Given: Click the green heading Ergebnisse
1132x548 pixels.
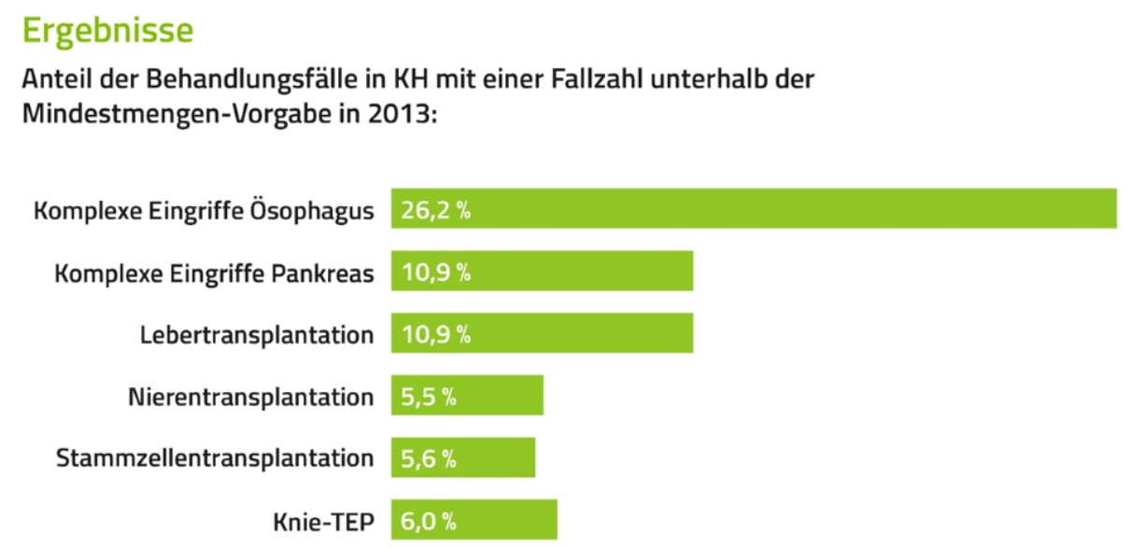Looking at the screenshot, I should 107,30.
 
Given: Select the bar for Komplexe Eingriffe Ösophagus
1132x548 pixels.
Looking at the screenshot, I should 754,209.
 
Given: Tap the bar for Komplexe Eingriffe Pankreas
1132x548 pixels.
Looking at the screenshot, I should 542,272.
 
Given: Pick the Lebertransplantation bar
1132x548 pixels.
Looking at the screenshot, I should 542,333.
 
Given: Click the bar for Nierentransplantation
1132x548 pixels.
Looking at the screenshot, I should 467,396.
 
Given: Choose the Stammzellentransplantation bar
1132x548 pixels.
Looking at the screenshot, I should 463,457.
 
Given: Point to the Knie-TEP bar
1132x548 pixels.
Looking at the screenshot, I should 474,520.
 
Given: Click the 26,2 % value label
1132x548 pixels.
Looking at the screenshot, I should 435,210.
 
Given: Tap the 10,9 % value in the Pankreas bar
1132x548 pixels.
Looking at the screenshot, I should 435,273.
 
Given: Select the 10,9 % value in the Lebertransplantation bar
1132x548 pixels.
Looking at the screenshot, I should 435,334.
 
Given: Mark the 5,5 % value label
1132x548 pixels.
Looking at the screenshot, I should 429,397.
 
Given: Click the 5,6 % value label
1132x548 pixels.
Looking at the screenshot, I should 429,458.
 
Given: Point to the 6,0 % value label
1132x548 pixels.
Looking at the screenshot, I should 429,521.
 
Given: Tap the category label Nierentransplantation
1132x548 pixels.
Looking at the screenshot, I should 250,397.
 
